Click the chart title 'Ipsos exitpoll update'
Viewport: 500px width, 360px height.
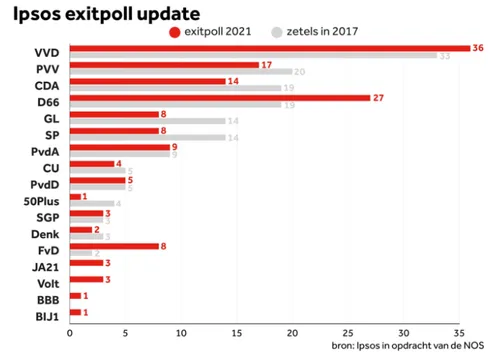tap(106, 14)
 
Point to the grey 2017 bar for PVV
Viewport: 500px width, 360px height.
tap(180, 72)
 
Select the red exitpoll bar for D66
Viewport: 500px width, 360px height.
tap(220, 97)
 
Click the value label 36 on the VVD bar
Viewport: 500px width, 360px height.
tap(478, 47)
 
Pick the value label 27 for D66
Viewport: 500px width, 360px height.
tap(378, 98)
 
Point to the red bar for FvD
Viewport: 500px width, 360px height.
tap(114, 245)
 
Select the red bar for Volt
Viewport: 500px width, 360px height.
tap(86, 278)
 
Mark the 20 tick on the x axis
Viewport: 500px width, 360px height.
tap(292, 331)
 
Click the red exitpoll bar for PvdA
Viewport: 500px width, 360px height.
tap(119, 147)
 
